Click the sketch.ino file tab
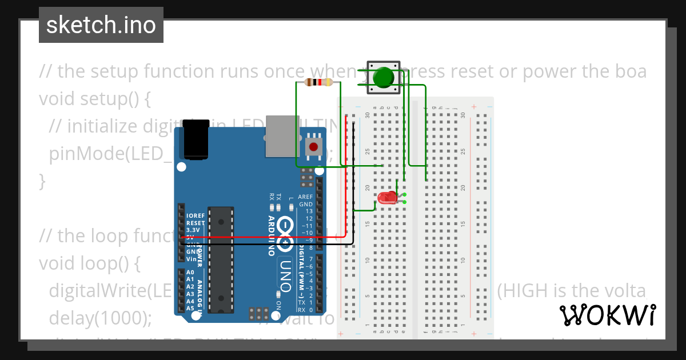101,25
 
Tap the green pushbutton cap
384,76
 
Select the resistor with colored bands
318,82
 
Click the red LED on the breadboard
387,198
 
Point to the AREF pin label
306,197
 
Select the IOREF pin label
196,216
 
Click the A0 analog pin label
190,273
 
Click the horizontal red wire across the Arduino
263,237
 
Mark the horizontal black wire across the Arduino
263,244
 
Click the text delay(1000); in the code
101,317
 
